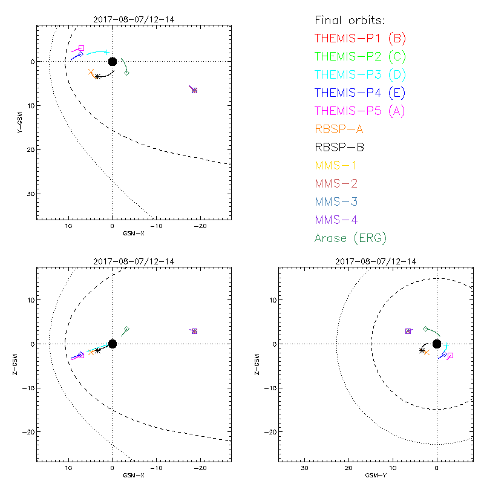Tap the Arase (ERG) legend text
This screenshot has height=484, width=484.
350,238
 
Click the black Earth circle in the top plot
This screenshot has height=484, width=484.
112,61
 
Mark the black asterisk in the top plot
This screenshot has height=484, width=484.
97,76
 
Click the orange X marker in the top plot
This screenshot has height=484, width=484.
91,72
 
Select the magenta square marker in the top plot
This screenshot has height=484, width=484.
82,48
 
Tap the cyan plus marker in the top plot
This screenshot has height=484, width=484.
107,53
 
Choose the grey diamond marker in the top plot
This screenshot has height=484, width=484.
126,73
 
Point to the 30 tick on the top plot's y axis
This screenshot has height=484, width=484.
30,194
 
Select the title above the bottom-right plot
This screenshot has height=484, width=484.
377,261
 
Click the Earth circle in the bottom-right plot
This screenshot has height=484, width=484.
437,344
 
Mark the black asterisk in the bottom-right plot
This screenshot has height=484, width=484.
422,350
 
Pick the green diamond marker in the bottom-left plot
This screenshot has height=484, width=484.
126,329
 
